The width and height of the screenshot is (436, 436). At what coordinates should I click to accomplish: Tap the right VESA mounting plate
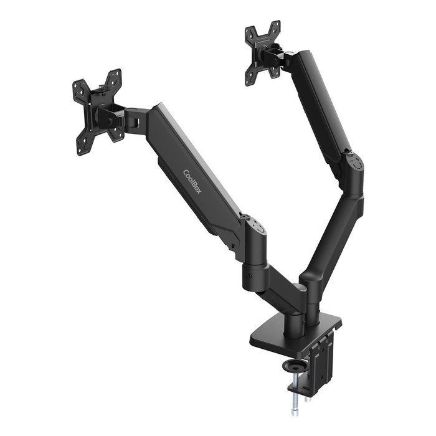263,52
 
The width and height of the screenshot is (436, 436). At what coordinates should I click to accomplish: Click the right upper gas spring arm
321,103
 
